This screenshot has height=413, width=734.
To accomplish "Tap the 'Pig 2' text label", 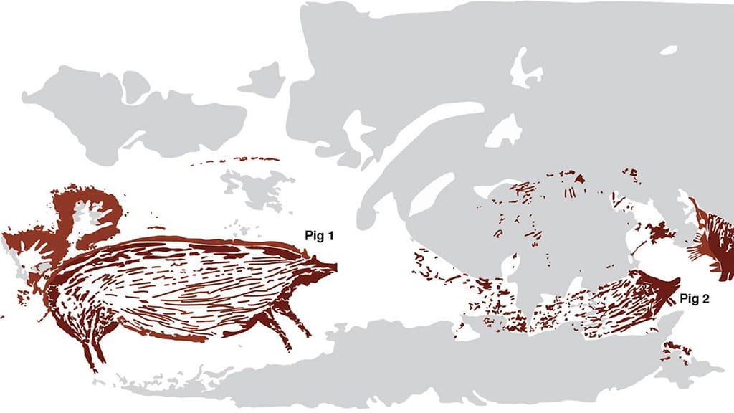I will pyautogui.click(x=694, y=298).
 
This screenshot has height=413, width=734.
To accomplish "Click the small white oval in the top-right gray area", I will pyautogui.click(x=668, y=50).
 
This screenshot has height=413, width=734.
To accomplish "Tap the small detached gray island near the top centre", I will pyautogui.click(x=262, y=79).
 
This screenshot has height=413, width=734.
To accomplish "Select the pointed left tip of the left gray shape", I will pyautogui.click(x=26, y=95).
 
